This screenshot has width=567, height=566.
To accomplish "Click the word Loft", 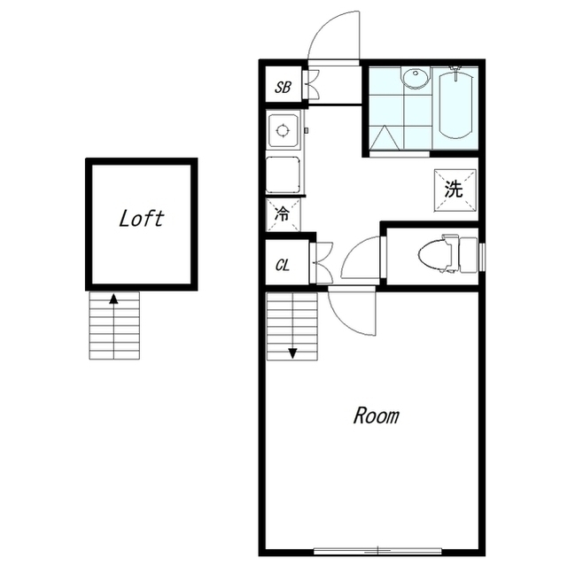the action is pos(142,219).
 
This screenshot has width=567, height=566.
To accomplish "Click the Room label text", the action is pos(376,415).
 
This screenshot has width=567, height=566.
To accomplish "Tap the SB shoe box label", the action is pos(283,87).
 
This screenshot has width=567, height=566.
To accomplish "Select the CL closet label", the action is pos(283,266).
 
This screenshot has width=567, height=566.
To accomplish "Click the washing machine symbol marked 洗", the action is pos(455,190).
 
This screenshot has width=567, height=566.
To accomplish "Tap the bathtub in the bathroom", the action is pos(455,105).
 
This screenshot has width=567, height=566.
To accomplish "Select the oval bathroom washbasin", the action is pos(416,78).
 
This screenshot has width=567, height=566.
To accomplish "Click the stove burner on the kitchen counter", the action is pos(283,130).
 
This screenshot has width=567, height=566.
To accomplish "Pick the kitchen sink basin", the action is pos(283,174).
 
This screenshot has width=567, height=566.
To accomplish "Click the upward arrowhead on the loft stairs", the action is pos(114,299).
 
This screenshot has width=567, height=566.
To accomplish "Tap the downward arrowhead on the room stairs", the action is pos(292,353).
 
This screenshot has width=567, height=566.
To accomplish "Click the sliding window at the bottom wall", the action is pos(377,551).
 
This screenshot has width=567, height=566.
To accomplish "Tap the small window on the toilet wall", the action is pos(482,257).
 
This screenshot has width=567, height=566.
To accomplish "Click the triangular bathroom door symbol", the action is pos(384,137).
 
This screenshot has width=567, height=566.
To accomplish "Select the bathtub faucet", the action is pos(455,71).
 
